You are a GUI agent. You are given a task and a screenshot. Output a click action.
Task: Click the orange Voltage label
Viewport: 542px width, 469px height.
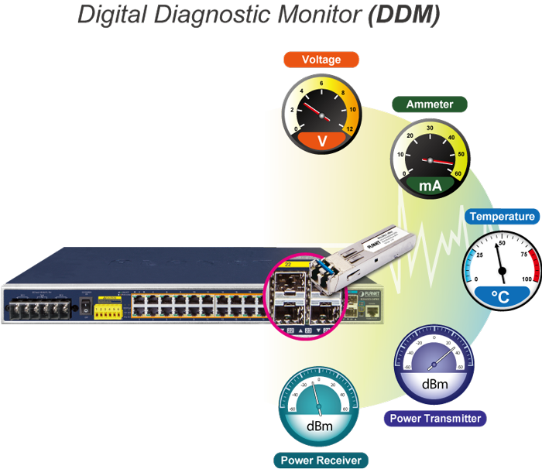(321, 60)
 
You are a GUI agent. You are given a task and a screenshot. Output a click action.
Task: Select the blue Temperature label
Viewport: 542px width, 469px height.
(502, 217)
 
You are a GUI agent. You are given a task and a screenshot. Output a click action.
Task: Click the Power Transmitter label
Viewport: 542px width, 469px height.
(435, 419)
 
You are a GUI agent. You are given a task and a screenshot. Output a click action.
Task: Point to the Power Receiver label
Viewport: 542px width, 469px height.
(321, 460)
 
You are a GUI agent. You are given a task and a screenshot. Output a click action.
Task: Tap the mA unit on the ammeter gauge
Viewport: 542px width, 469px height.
(431, 186)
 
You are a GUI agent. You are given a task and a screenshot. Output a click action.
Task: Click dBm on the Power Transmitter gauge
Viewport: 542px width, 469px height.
(434, 383)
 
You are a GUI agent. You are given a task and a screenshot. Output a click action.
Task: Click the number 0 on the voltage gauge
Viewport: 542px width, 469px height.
(288, 128)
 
